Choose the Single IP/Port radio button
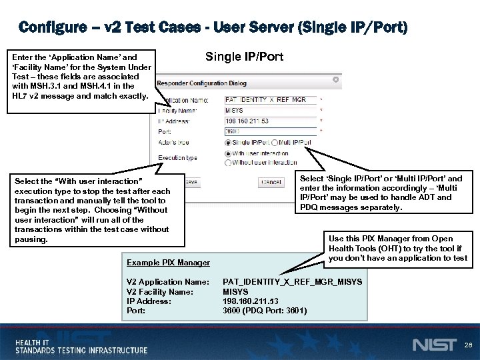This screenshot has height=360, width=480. click(229, 143)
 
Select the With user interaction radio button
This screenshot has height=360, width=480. click(229, 153)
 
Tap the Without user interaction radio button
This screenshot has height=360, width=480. click(229, 162)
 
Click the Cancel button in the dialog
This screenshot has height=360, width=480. click(271, 181)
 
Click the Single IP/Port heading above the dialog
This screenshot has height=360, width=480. click(244, 57)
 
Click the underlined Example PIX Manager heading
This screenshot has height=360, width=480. click(168, 263)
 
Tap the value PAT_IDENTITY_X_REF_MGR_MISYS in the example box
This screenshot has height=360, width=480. click(293, 282)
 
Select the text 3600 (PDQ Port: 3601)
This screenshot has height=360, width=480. click(265, 310)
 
